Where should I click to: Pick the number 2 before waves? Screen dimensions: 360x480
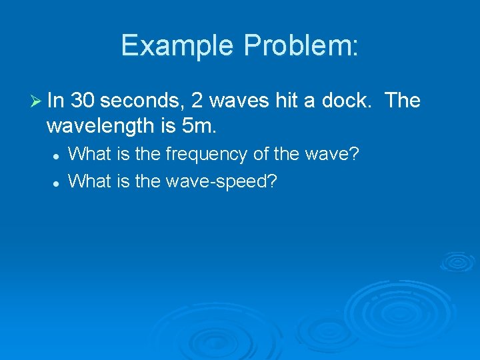click(x=197, y=101)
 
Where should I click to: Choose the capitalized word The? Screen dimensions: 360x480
click(x=403, y=101)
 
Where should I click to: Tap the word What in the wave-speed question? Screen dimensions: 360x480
click(x=89, y=181)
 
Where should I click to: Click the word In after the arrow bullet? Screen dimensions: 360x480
click(x=55, y=101)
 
